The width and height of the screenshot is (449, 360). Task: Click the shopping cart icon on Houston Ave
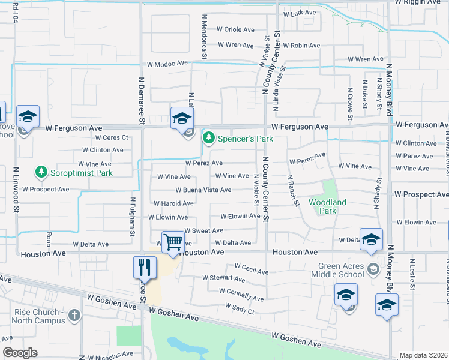click(x=173, y=242)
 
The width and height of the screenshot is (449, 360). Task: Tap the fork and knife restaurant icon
click(x=144, y=268)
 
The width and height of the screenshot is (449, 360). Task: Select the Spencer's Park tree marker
click(x=209, y=139)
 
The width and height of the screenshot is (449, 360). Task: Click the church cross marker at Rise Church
click(x=74, y=315)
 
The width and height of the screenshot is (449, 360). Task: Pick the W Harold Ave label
click(x=173, y=203)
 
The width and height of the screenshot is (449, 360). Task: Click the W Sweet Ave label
click(x=203, y=230)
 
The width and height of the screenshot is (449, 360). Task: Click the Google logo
click(x=20, y=353)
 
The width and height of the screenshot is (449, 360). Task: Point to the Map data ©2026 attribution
click(x=423, y=355)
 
